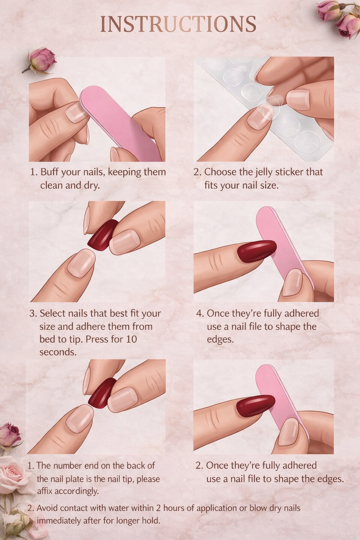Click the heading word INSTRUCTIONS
point(178,24)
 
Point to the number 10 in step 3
point(131,339)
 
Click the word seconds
point(58,352)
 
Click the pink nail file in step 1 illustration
point(121,123)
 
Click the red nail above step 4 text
point(257,251)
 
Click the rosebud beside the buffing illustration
point(41,60)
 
